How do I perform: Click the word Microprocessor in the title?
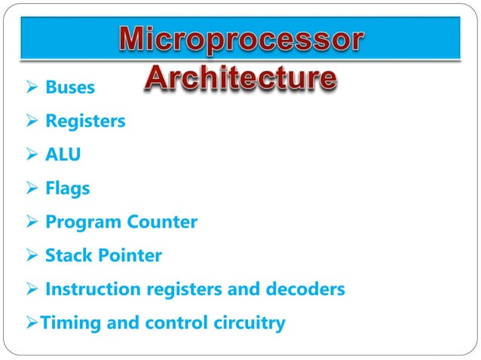pos(240,42)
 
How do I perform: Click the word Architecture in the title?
pos(240,78)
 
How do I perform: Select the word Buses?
pos(70,87)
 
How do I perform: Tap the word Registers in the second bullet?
pos(85,121)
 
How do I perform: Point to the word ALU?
pos(63,154)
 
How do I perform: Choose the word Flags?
pos(67,188)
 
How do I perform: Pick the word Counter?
pos(162,222)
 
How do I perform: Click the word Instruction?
pos(91,289)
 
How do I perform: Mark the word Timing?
pos(66,323)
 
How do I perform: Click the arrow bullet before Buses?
pos(32,88)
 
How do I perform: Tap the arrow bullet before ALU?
pos(32,155)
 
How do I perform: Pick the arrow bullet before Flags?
pos(32,189)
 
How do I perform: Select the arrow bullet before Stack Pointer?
pos(32,256)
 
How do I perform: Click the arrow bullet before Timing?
pos(31,324)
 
